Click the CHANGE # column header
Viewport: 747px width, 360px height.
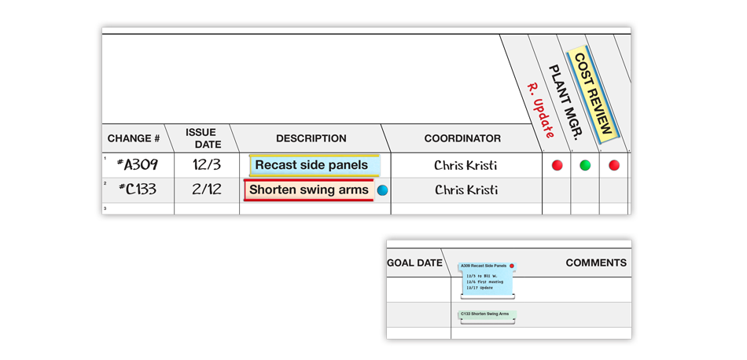tap(134, 138)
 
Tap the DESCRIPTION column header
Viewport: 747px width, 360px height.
tap(311, 138)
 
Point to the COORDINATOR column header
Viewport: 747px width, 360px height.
tap(462, 138)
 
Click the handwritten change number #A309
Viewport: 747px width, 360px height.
tap(138, 165)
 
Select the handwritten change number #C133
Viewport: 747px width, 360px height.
tap(138, 189)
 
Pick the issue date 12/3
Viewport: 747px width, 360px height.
tap(207, 165)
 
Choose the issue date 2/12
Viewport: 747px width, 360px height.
tap(207, 189)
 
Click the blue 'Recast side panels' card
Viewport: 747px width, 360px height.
tap(313, 165)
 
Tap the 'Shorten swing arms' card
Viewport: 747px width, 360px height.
tap(308, 189)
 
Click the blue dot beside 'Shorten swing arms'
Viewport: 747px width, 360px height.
tap(383, 190)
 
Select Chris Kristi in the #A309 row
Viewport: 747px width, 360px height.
tap(465, 165)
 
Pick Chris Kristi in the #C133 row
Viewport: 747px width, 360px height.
tap(465, 189)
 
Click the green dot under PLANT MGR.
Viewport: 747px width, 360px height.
tap(585, 165)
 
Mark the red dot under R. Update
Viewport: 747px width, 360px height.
tap(557, 165)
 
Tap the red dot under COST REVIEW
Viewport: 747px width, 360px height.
tap(614, 165)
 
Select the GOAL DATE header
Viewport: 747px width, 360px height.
tap(414, 263)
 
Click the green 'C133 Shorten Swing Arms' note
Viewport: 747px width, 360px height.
tap(486, 314)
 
